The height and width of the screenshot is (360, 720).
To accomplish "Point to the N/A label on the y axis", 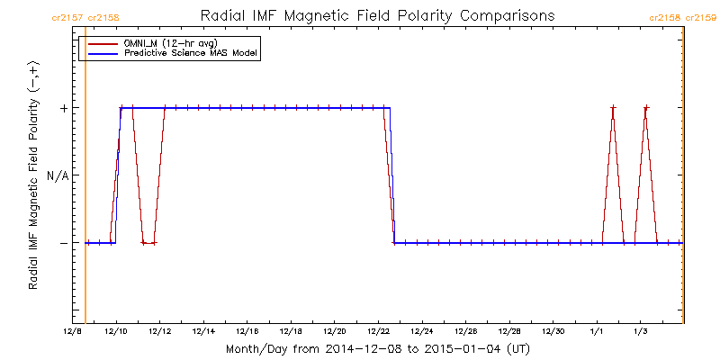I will [58, 175].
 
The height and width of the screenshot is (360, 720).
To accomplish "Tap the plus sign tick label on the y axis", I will [64, 108].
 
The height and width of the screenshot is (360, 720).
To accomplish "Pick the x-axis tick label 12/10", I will [116, 332].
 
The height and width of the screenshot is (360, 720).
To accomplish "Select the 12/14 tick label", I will [203, 332].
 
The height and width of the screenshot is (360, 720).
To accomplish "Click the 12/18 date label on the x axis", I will [291, 332].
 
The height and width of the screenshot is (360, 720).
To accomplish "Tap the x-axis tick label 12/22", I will [378, 332].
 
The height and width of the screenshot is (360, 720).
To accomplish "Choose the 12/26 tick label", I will [465, 332].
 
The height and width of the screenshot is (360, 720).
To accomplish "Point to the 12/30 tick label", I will [553, 332].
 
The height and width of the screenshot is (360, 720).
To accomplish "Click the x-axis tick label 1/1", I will [597, 332].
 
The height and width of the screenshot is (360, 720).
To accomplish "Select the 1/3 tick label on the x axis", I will [640, 332].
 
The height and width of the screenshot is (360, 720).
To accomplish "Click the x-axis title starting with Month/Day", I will [377, 347].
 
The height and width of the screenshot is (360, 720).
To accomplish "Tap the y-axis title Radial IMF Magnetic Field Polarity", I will [33, 175].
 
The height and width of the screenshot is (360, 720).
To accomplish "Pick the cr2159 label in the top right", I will [701, 17].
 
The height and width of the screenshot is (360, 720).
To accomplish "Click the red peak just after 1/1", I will [613, 108].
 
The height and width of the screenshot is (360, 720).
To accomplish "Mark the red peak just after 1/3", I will [645, 108].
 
